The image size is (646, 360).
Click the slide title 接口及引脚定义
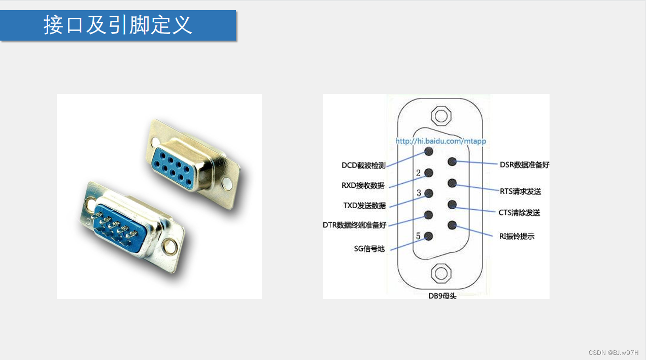[x=118, y=25]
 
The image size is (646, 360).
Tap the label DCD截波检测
[x=363, y=166]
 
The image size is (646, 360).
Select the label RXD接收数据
[x=363, y=186]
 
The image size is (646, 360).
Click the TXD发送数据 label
[x=364, y=206]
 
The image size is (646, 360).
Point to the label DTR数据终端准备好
[x=354, y=225]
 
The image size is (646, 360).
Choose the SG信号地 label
[x=369, y=249]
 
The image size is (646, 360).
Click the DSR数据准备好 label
[x=524, y=165]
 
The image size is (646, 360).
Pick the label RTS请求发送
[x=520, y=191]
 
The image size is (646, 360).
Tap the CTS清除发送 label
[x=519, y=213]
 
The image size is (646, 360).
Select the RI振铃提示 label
[x=517, y=236]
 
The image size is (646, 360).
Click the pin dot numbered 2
[x=429, y=173]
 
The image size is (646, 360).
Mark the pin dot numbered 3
[x=429, y=193]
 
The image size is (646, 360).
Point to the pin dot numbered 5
[x=429, y=236]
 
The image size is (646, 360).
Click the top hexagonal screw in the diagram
[x=441, y=115]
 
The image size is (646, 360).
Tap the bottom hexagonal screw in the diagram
[x=441, y=273]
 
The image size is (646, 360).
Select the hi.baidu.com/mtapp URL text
[x=440, y=141]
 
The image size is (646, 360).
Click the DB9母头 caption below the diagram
[x=442, y=296]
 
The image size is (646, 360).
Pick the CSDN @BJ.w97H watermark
[x=614, y=352]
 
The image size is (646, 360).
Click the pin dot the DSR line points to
[x=452, y=162]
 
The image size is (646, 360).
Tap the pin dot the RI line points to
[x=452, y=225]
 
